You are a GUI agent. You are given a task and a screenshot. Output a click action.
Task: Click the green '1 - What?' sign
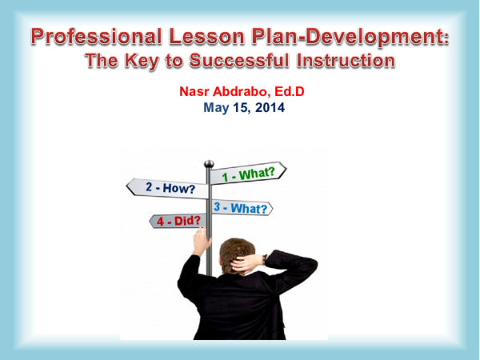tap(250, 174)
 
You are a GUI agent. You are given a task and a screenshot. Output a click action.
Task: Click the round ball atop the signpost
tap(209, 164)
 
